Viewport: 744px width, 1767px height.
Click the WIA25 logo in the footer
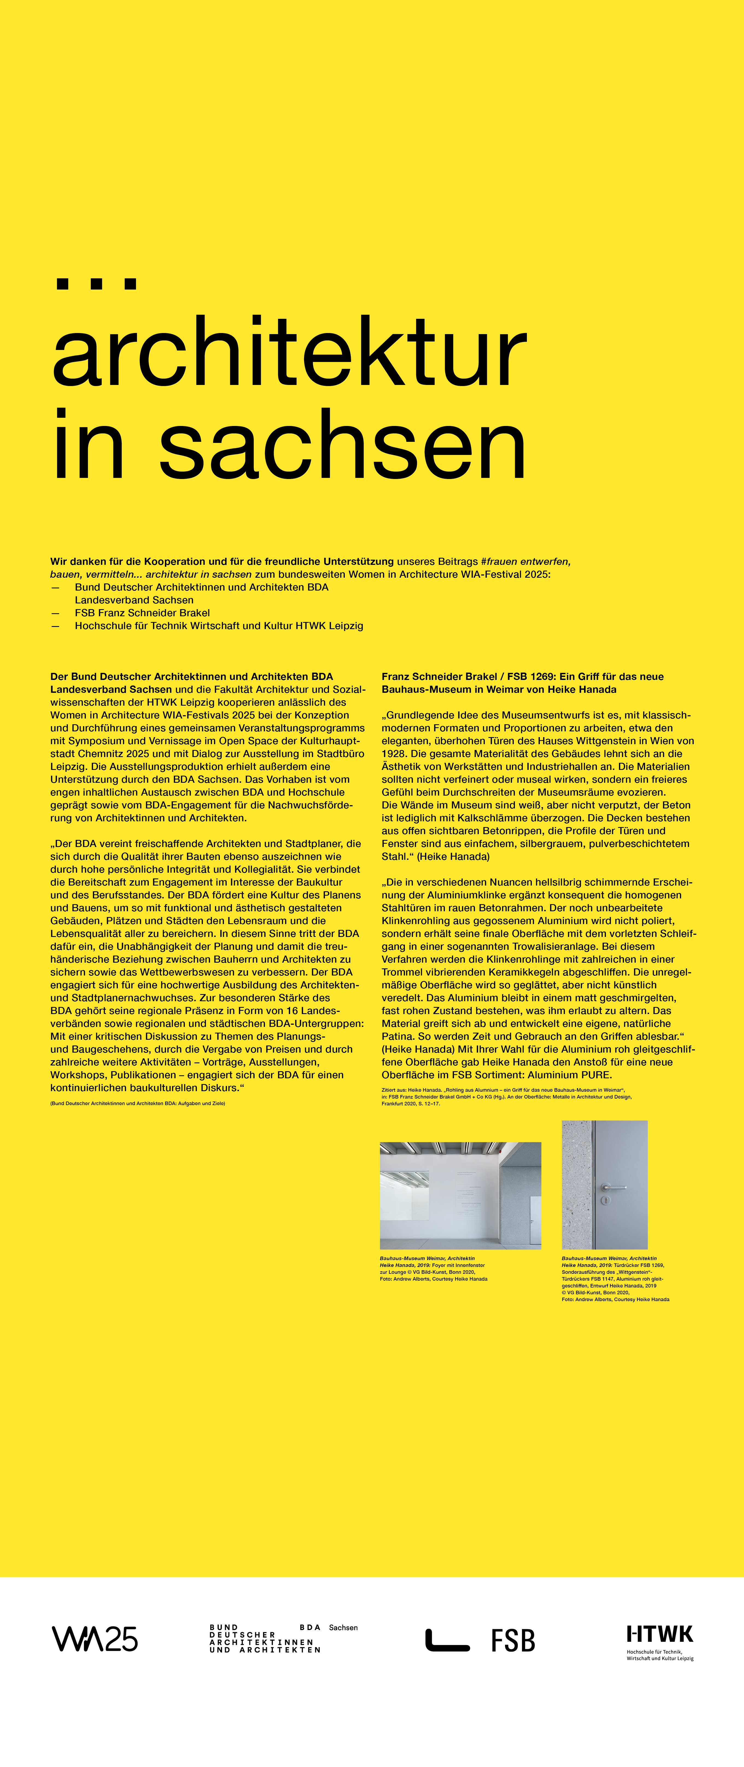point(95,1639)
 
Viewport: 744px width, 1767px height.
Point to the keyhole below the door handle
point(605,1201)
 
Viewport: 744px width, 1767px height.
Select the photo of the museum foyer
point(460,1195)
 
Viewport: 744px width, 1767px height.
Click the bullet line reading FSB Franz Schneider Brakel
point(142,612)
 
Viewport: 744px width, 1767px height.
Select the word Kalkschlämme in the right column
point(521,818)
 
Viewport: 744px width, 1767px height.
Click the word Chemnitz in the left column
point(100,753)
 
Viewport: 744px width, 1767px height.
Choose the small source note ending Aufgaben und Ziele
point(137,1103)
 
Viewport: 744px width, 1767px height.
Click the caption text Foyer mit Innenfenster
point(458,1265)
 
